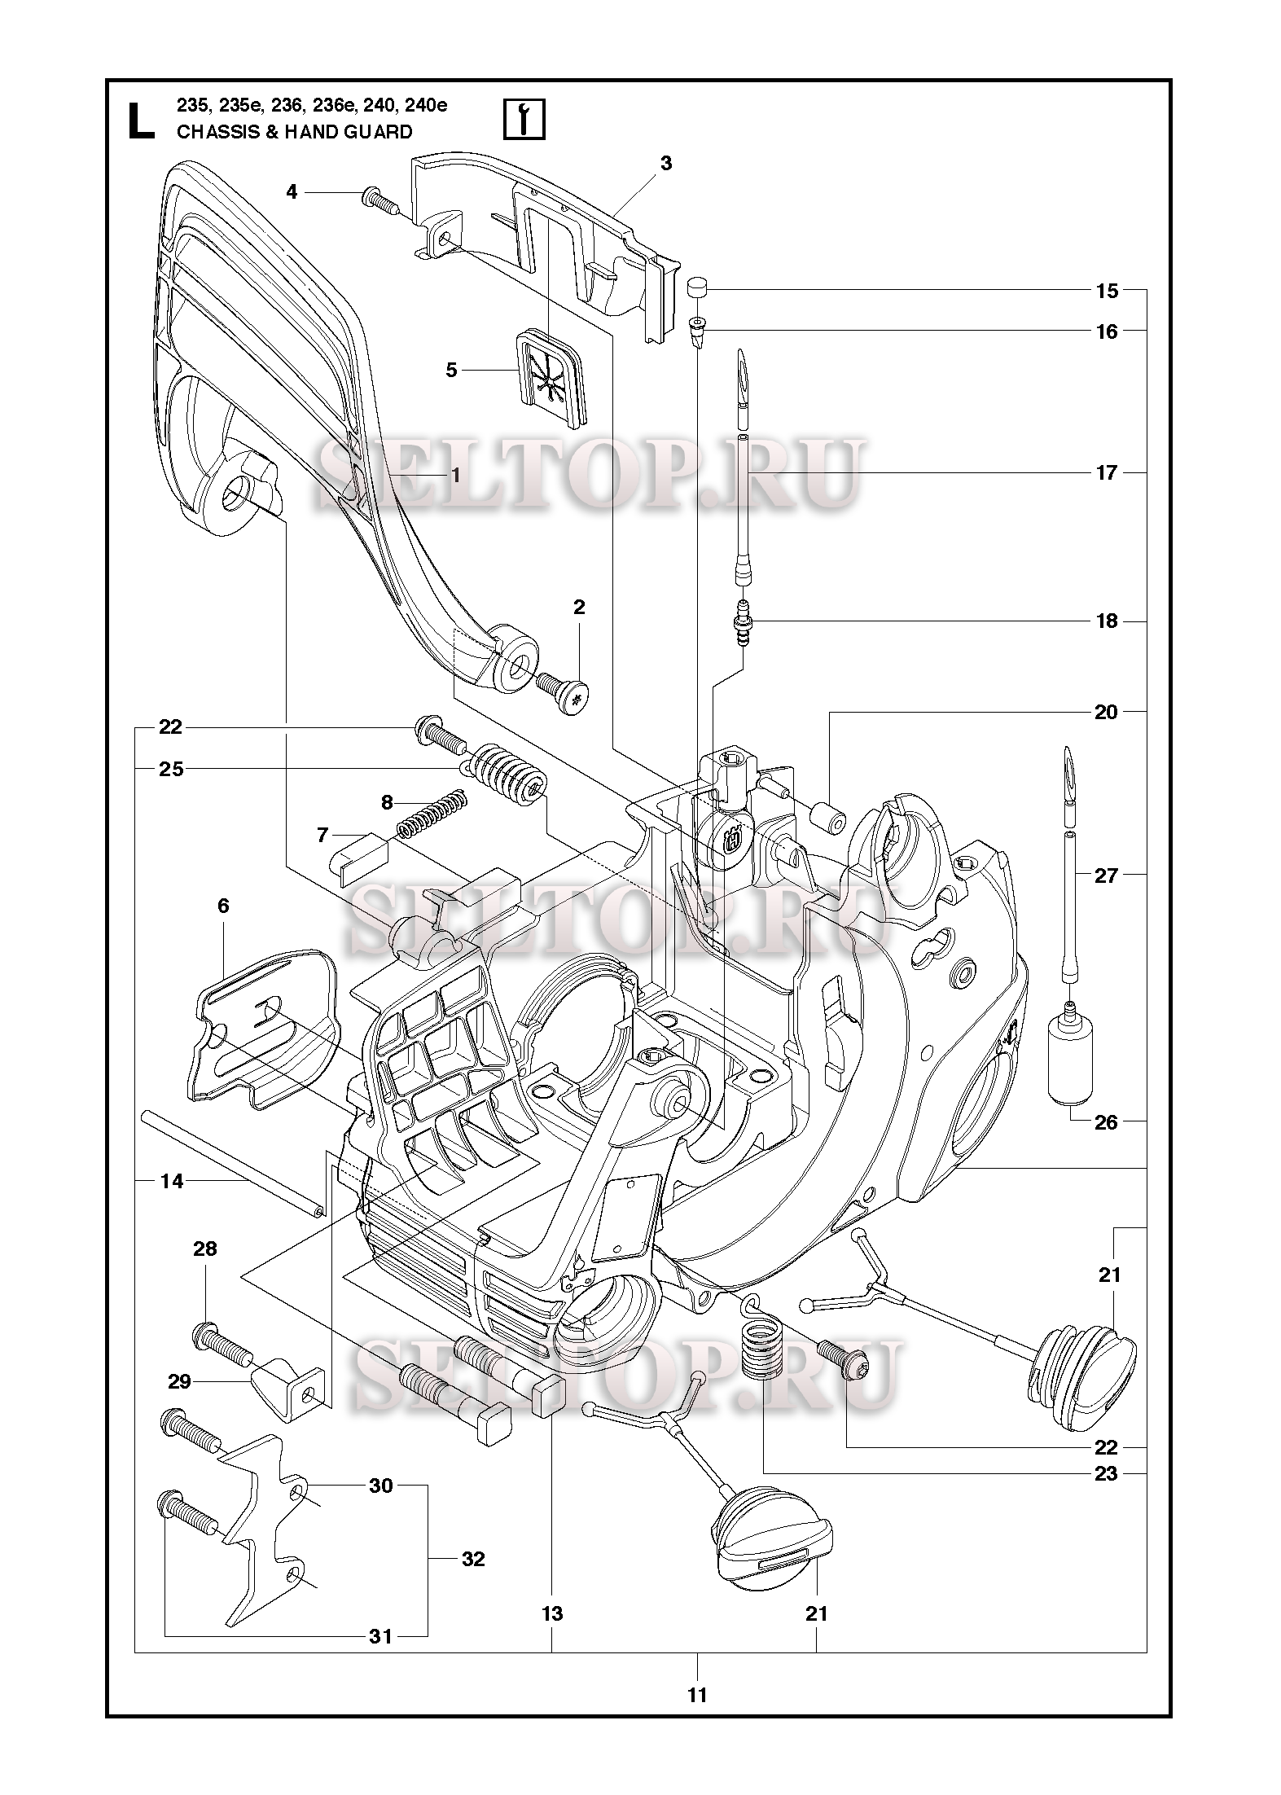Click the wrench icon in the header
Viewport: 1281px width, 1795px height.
pyautogui.click(x=524, y=121)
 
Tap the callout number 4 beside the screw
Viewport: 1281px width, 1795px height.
pyautogui.click(x=292, y=192)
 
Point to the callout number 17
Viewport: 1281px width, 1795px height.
pyautogui.click(x=1106, y=473)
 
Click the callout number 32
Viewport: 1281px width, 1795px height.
pyautogui.click(x=473, y=1560)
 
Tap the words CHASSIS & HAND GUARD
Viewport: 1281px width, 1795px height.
pyautogui.click(x=294, y=132)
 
